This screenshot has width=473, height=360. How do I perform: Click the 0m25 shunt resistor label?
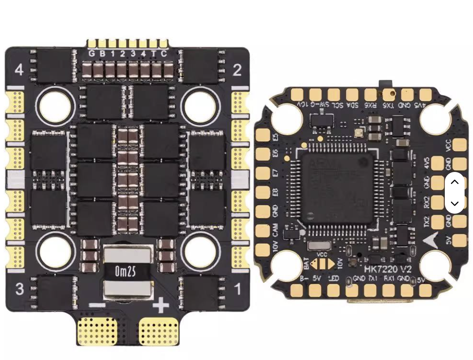[125, 271]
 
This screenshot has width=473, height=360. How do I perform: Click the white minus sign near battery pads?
[97, 305]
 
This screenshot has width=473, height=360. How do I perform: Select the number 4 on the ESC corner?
[19, 70]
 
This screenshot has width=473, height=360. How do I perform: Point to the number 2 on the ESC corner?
[237, 70]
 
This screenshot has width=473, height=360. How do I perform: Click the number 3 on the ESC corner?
[19, 289]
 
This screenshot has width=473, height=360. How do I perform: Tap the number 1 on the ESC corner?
[238, 289]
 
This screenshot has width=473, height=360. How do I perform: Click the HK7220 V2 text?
[388, 270]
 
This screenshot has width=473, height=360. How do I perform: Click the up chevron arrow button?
[454, 182]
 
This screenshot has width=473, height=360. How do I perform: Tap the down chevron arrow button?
[454, 203]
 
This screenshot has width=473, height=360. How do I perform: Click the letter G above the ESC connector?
[92, 54]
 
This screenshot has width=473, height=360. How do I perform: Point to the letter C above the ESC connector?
[164, 54]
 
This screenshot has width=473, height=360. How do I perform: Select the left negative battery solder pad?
[97, 331]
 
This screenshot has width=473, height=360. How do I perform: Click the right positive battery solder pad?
[159, 331]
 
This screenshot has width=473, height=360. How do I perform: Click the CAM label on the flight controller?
[275, 230]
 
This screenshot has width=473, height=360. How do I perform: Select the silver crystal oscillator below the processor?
[319, 246]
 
